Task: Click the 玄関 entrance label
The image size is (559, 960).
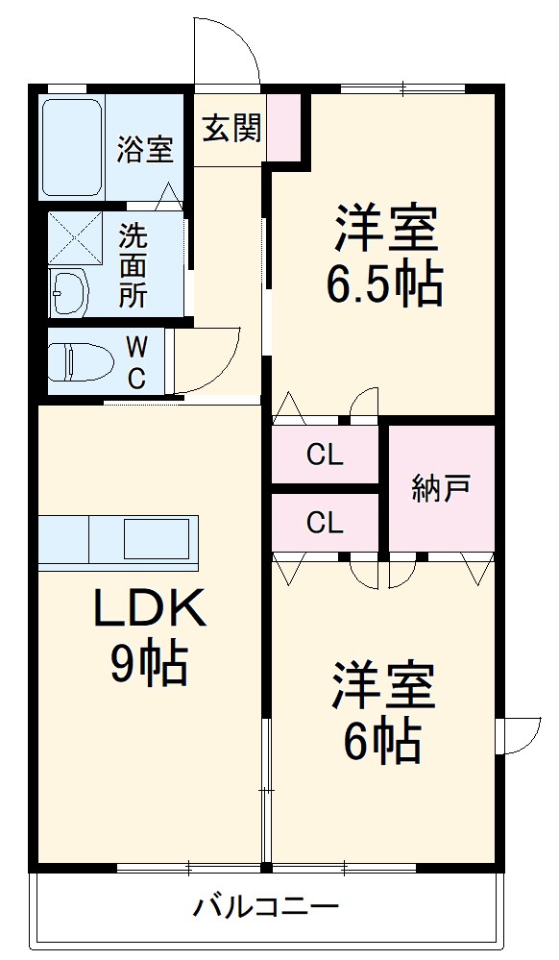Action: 232,129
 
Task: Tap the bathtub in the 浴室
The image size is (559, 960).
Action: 72,147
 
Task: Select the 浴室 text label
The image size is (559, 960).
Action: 146,149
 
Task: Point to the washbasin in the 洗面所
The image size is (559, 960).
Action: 70,291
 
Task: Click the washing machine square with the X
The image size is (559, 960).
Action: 75,237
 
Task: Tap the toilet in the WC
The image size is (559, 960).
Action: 80,362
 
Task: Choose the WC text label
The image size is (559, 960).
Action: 136,362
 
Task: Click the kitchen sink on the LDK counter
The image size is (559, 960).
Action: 157,539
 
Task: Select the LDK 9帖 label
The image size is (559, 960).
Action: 149,637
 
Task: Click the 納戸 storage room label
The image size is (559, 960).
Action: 442,488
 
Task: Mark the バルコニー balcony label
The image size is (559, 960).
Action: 266,905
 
